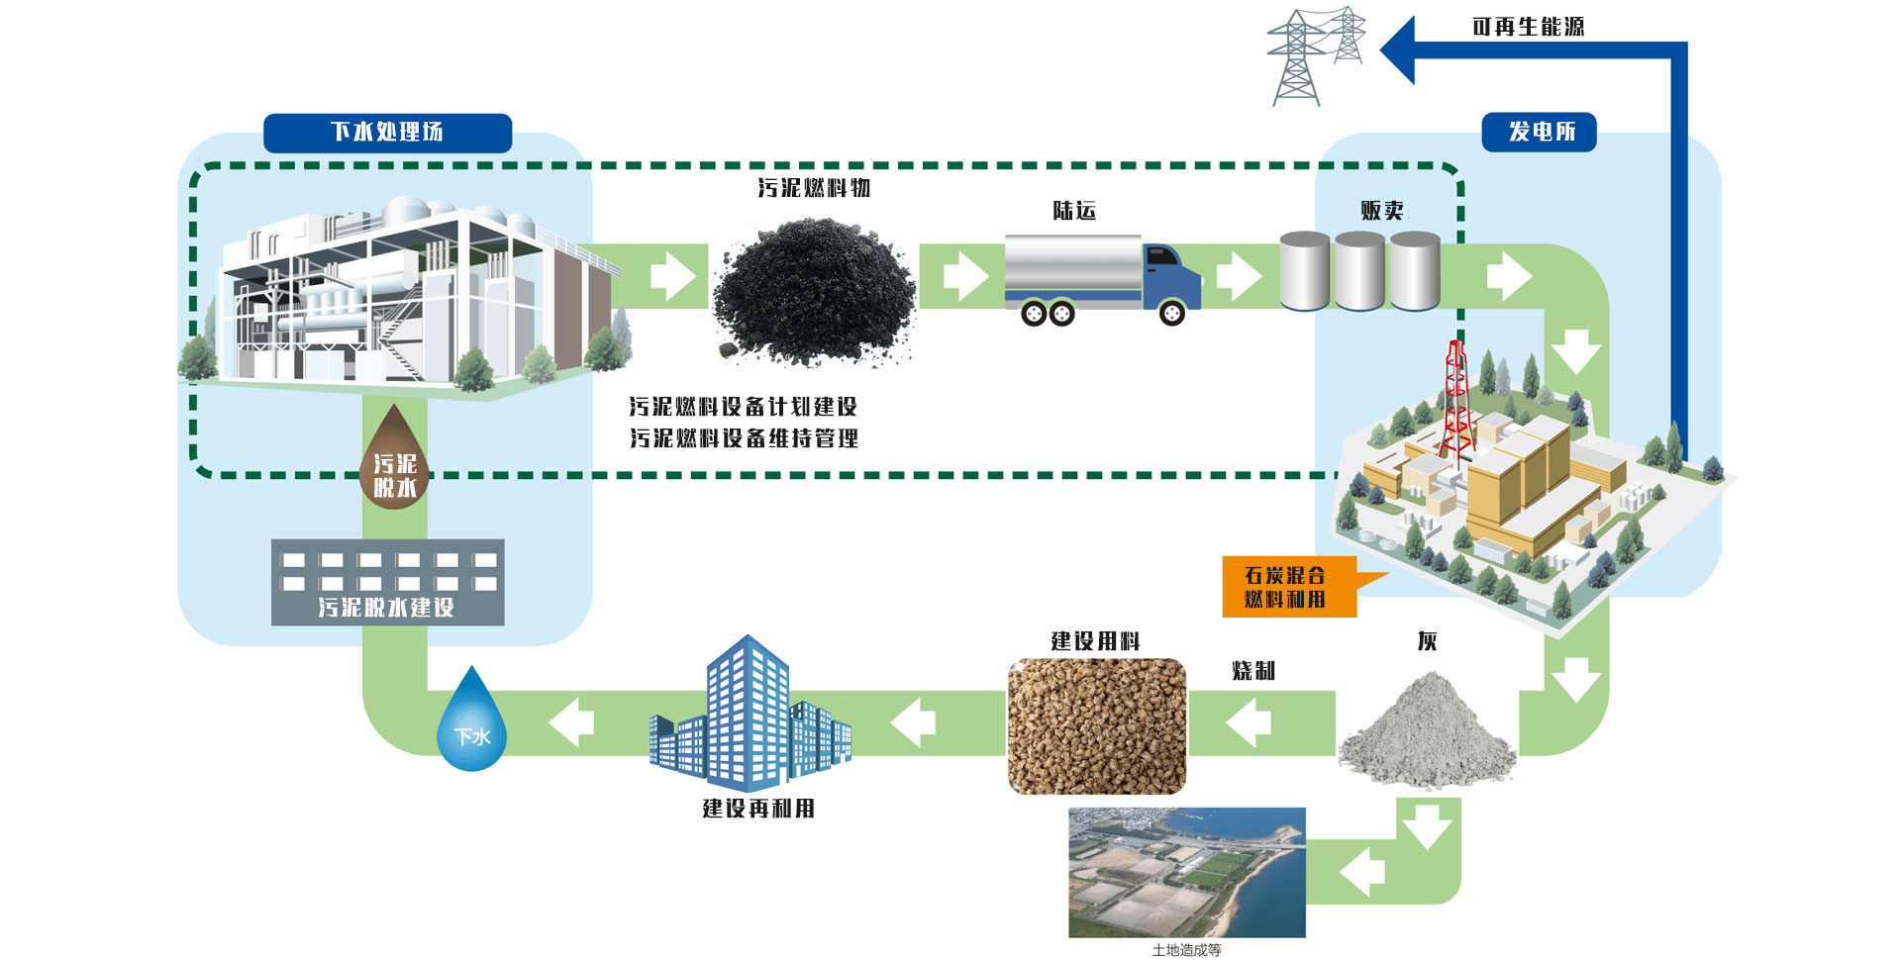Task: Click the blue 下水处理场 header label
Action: (387, 133)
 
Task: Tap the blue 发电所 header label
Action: (1539, 133)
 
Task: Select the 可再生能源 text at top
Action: (1528, 27)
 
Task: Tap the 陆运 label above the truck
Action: (1074, 211)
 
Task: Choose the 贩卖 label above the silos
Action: (1382, 210)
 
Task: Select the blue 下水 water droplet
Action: (472, 723)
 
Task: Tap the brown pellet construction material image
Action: (1096, 725)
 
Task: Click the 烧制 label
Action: (1253, 671)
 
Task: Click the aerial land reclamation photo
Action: (1186, 872)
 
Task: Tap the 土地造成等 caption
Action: (1186, 950)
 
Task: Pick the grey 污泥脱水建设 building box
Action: (387, 582)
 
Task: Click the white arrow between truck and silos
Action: (1238, 276)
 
